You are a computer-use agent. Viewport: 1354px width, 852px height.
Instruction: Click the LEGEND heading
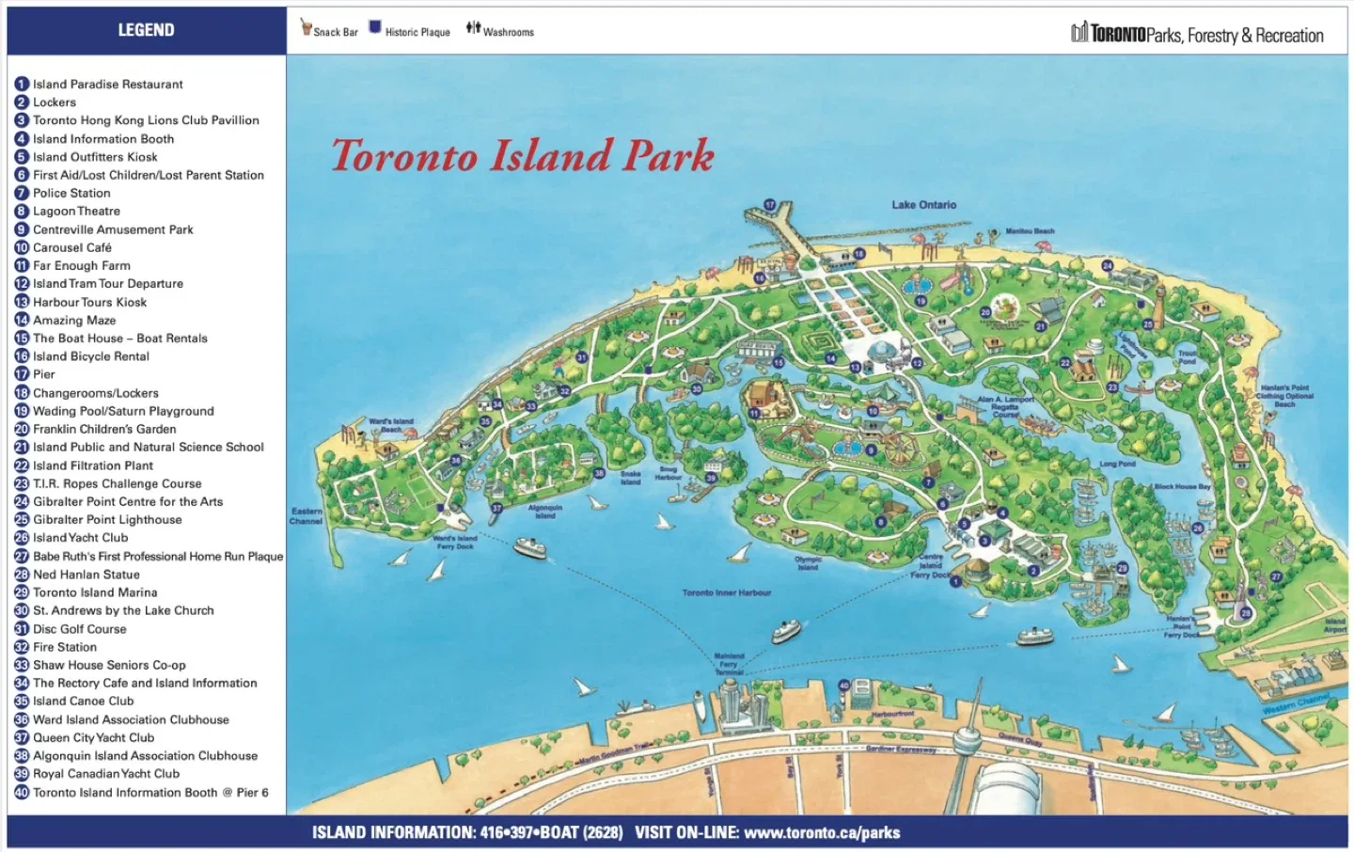pos(146,30)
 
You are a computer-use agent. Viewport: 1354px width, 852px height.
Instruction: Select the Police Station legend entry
pos(71,193)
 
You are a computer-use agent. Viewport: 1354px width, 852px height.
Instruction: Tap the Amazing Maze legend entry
pos(74,320)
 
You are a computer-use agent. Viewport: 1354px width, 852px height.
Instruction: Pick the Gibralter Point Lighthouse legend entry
pos(107,519)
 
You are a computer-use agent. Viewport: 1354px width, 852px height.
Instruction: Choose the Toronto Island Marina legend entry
pos(95,592)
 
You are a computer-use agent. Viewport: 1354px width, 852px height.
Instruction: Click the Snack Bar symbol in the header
pos(306,27)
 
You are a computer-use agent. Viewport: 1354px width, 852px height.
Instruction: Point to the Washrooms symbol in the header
pos(473,27)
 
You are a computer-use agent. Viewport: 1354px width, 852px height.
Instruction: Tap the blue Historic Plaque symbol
pos(374,27)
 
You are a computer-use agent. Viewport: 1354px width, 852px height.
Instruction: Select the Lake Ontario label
pos(923,204)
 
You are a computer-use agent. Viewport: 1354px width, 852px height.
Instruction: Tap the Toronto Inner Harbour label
pos(726,592)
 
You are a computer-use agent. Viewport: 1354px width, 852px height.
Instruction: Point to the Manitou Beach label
pos(1030,230)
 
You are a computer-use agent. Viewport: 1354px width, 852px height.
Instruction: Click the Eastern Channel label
pos(306,515)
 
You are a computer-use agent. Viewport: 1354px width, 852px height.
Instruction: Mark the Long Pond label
pos(1117,464)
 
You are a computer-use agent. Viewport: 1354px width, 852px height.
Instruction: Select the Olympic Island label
pos(809,563)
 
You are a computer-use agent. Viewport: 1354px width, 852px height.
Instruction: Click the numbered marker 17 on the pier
pos(769,204)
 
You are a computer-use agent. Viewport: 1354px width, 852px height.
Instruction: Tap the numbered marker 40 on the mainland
pos(843,686)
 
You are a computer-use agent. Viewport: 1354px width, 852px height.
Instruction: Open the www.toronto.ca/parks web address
pos(821,832)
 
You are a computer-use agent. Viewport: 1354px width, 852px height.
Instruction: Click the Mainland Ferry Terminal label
pos(729,664)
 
